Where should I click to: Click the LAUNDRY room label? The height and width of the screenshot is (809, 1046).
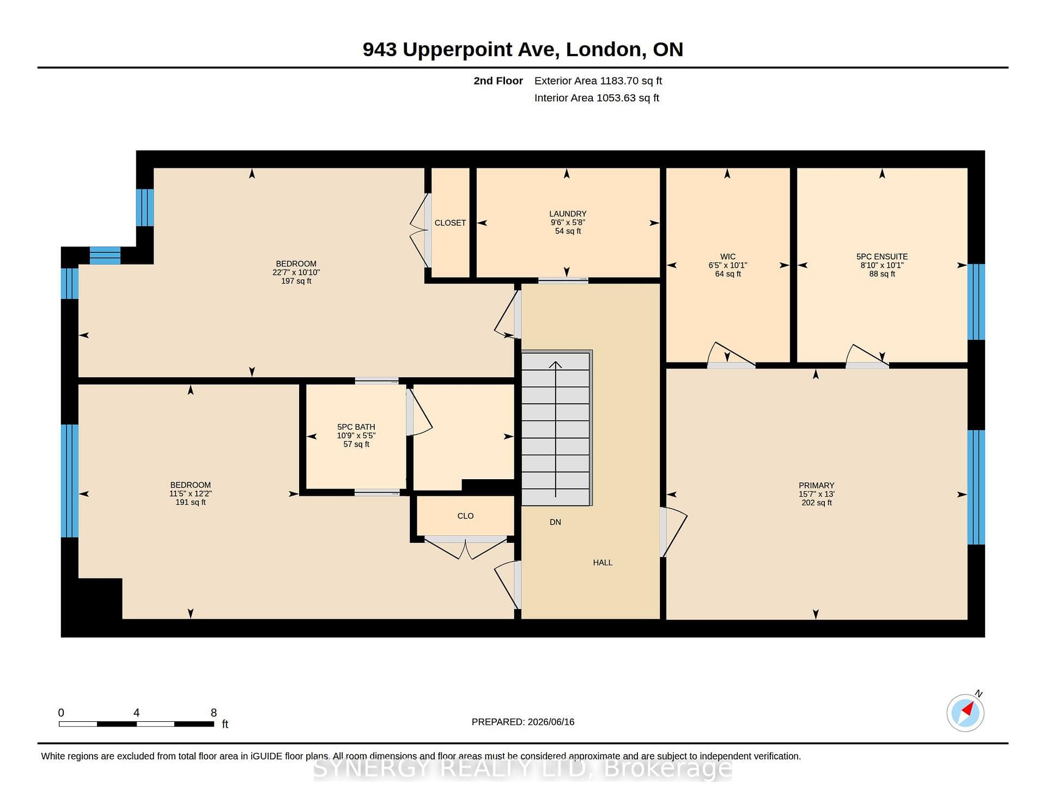[568, 214]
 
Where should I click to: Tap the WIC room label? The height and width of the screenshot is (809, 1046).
[728, 256]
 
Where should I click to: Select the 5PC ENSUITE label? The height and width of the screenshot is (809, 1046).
[882, 256]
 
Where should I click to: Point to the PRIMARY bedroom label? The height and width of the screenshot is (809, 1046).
[816, 485]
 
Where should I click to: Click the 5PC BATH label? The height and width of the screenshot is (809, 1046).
[356, 427]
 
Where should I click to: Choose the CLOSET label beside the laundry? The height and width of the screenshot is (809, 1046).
[450, 222]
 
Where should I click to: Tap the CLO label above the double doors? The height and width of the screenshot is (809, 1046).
[465, 516]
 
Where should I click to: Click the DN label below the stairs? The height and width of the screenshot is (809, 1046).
[555, 522]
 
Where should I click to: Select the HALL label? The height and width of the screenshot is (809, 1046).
[603, 562]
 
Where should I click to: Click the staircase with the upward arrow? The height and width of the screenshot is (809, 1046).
[556, 428]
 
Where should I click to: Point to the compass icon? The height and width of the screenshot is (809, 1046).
[965, 713]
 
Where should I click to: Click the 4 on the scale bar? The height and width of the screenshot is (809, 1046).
[136, 713]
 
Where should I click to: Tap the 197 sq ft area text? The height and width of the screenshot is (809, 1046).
[296, 281]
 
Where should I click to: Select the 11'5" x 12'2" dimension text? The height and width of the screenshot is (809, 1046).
[190, 493]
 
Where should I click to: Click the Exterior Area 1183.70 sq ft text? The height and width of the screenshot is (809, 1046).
[598, 81]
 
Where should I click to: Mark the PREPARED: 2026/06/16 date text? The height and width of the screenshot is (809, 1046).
[523, 722]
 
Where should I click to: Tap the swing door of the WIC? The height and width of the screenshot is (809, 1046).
[731, 354]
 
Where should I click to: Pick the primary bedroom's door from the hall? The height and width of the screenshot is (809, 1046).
[673, 532]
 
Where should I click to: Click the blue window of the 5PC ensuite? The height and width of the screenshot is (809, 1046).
[976, 302]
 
